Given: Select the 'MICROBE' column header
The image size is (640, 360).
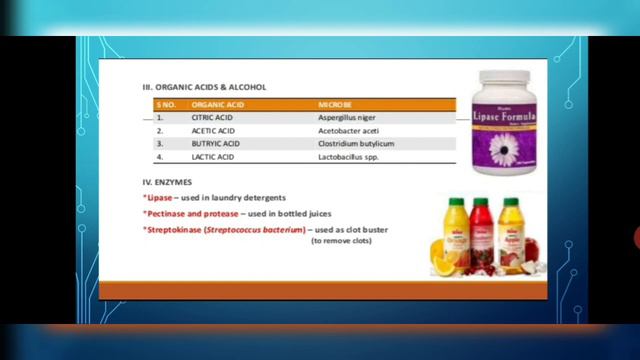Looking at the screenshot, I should coord(333,104).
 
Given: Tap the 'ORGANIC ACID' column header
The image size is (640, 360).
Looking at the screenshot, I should coord(213,104).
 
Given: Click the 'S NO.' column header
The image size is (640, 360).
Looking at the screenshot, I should coord(165,104).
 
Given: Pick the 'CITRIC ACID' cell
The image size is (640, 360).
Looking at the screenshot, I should coord(212,117).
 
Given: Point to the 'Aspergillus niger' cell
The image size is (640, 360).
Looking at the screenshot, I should coord(347,117).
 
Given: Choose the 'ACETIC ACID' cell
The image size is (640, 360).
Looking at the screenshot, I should coord(213,130).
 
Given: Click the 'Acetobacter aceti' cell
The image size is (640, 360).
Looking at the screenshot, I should coord(348,130).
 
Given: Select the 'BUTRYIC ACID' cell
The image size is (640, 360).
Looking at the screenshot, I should coord(215,143).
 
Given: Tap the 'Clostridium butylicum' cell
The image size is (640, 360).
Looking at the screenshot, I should coord(355,143).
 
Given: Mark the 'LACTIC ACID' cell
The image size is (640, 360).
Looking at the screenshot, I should coord(212,157).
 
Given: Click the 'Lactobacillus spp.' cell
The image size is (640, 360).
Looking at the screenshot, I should coord(349,157).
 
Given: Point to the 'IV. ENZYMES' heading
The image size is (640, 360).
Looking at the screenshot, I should coord(169,182).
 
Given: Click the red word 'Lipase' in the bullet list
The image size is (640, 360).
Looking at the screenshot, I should coord(158,198).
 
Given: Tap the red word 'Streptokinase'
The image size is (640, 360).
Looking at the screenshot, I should coord(174,231).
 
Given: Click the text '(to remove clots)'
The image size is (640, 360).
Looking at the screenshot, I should coord(345,242).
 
